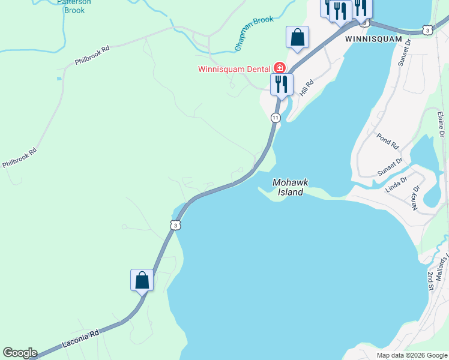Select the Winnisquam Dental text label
(x=234, y=68)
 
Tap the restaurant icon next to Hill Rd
(x=281, y=84)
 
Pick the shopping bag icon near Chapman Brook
(x=297, y=38)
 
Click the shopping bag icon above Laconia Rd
(x=142, y=280)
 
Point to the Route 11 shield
(x=275, y=118)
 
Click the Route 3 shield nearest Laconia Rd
(x=174, y=224)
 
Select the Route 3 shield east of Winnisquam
(x=426, y=29)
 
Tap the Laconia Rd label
(x=80, y=340)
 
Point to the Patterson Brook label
(x=74, y=6)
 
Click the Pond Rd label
(x=388, y=142)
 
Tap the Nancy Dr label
(x=415, y=197)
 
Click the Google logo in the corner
(x=20, y=353)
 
